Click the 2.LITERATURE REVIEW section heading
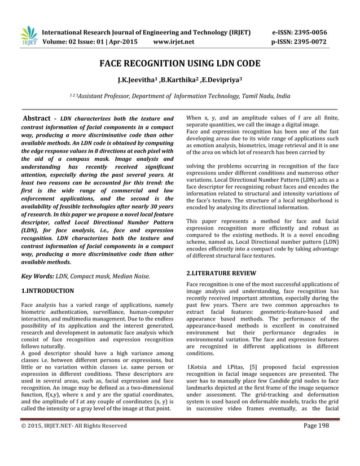[x=221, y=273]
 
